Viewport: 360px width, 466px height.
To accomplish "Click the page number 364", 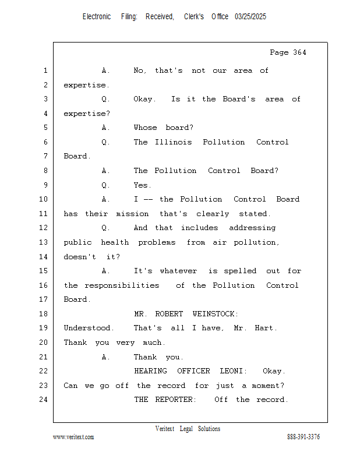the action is pyautogui.click(x=299, y=52).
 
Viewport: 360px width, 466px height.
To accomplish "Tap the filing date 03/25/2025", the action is pyautogui.click(x=250, y=17).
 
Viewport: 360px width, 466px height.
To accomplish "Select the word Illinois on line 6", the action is pyautogui.click(x=174, y=142).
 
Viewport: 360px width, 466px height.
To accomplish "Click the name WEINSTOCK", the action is pyautogui.click(x=215, y=314).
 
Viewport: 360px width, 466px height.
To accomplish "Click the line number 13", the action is pyautogui.click(x=44, y=242).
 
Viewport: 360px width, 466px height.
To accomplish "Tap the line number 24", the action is pyautogui.click(x=44, y=400).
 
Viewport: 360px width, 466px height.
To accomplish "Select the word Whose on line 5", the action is pyautogui.click(x=146, y=128).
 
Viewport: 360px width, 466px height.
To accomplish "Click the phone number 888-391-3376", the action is pyautogui.click(x=303, y=437).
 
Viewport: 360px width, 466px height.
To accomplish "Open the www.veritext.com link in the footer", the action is pyautogui.click(x=73, y=437).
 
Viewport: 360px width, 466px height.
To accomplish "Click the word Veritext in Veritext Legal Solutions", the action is pyautogui.click(x=165, y=429).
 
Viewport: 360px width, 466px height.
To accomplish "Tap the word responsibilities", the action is pyautogui.click(x=122, y=285).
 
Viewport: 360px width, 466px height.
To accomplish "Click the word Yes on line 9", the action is pyautogui.click(x=142, y=185).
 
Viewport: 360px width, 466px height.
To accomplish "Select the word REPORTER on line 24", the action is pyautogui.click(x=175, y=400).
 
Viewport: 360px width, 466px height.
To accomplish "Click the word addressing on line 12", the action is pyautogui.click(x=252, y=228).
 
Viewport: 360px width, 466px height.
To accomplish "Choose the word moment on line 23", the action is pyautogui.click(x=267, y=386).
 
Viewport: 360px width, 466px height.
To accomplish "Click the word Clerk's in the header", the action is pyautogui.click(x=194, y=17).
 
